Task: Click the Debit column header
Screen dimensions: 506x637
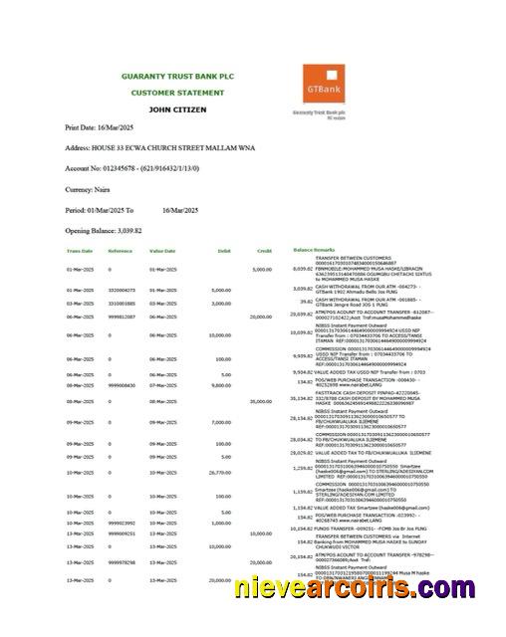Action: point(224,251)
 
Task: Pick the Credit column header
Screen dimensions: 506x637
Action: point(265,251)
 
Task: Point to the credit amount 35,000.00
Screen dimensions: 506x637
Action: point(261,400)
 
